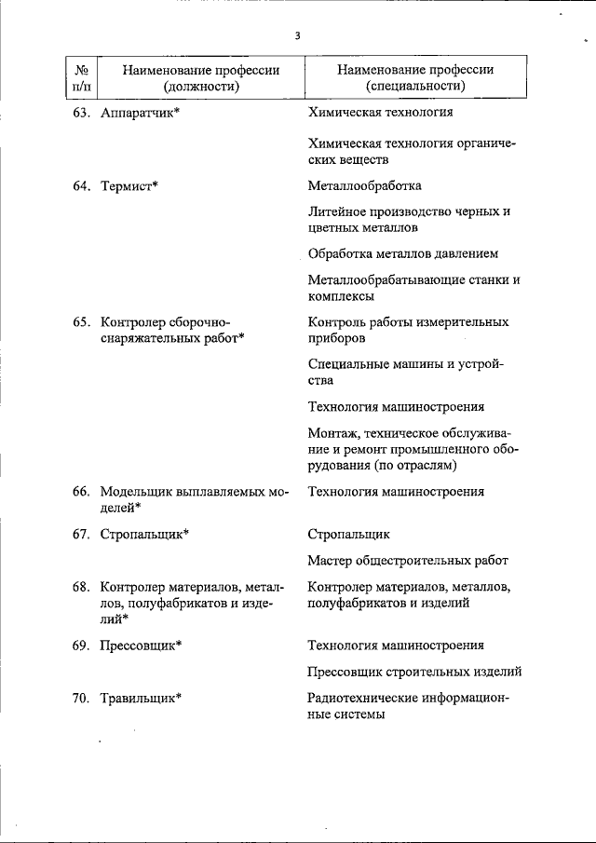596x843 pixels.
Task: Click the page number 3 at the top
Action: click(x=297, y=36)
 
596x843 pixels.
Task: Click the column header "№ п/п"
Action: click(x=81, y=78)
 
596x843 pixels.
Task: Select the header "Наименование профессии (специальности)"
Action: click(x=415, y=78)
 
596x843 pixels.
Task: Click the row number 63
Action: click(x=80, y=114)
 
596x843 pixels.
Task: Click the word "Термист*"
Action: click(x=129, y=186)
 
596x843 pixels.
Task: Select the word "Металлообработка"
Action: click(x=364, y=186)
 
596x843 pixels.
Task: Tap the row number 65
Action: click(x=80, y=322)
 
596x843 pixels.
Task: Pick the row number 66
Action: click(x=80, y=491)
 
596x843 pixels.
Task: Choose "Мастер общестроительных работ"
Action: click(x=408, y=561)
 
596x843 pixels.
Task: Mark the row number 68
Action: click(x=80, y=587)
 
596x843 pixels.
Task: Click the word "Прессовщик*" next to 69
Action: click(x=141, y=645)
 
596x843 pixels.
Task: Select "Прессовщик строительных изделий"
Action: click(x=413, y=671)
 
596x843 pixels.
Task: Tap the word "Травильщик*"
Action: click(x=140, y=698)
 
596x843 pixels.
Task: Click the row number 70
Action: click(x=80, y=698)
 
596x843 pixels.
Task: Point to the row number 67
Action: click(x=80, y=534)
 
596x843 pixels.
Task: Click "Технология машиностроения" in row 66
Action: click(x=396, y=491)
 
